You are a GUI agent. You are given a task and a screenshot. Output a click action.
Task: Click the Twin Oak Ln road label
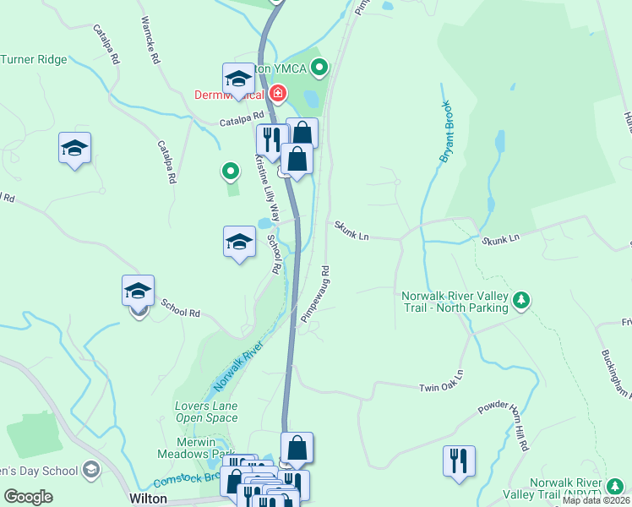442,381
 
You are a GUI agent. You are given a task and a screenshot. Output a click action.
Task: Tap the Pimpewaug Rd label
315,295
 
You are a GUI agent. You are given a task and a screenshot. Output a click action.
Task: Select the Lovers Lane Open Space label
206,412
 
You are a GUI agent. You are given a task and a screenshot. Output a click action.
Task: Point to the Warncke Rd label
150,41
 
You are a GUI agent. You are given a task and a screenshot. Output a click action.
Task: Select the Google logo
28,497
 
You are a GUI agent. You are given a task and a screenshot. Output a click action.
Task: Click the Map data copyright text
596,500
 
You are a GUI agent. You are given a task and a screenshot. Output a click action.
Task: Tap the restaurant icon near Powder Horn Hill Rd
459,461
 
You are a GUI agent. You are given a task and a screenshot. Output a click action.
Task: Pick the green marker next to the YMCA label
319,65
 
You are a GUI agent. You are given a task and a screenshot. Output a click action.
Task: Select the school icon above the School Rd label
138,291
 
